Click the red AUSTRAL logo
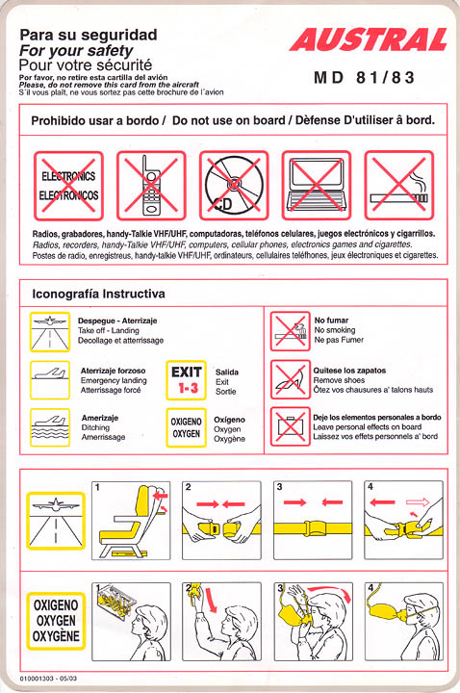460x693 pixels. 368,39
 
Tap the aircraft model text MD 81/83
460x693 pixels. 364,78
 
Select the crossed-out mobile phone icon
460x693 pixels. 151,186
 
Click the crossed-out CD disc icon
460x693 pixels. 234,186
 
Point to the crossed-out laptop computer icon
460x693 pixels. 317,186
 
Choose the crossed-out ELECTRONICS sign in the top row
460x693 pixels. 68,186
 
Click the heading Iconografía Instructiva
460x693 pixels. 98,294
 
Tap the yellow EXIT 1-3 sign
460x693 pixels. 186,380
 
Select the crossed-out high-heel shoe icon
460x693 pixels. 291,379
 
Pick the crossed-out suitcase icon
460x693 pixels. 291,426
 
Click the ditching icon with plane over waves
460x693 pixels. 50,427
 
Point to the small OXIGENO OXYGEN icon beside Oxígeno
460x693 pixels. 186,427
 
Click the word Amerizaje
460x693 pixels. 100,418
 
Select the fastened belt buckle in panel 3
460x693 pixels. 313,527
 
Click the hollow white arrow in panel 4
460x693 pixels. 418,502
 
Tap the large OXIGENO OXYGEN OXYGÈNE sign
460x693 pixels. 56,621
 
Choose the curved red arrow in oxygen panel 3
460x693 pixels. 329,591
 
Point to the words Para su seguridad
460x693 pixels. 89,35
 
